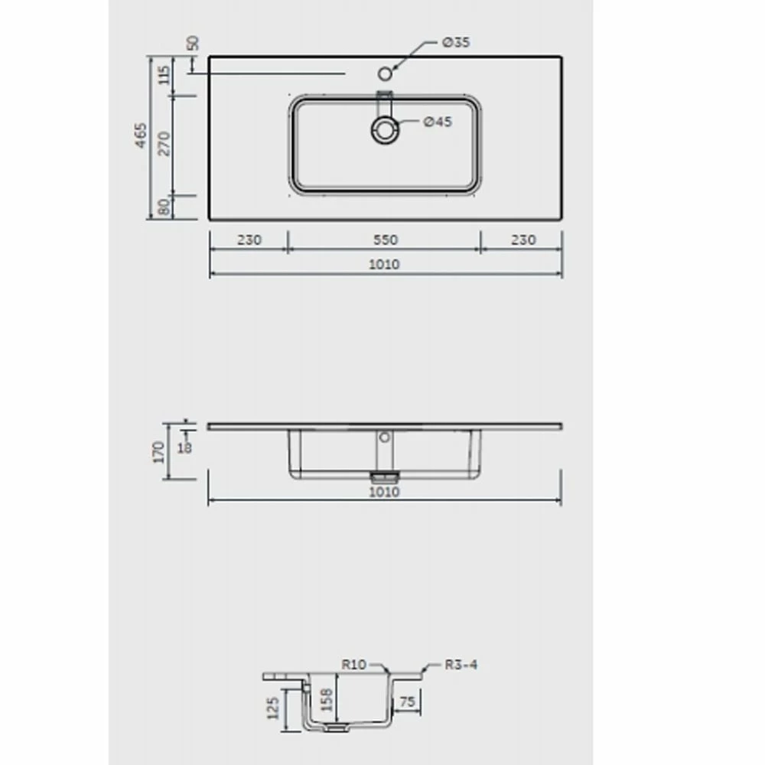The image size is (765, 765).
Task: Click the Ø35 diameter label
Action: pos(456,43)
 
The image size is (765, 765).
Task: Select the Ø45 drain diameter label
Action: pos(438,122)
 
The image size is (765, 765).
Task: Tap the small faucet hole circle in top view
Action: pos(386,73)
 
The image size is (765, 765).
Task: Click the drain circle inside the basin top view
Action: pos(386,129)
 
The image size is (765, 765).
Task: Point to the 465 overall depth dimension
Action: pos(141,136)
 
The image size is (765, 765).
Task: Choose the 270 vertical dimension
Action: pos(164,143)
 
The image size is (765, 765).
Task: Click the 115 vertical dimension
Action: pos(164,76)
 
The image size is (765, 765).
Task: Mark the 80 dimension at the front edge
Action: pos(164,207)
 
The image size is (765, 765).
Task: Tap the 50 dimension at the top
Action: pos(194,43)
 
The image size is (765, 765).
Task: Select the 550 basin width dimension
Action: pos(385,240)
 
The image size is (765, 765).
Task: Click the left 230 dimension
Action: pos(249,240)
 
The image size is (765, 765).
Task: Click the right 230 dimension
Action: pos(522,240)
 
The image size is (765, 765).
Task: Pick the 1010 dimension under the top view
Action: pos(385,265)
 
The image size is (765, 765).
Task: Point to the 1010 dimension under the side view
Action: pos(384,492)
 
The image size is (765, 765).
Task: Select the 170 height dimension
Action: pos(159,451)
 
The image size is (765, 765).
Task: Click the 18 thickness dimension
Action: pos(184,447)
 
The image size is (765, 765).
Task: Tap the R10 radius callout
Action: pos(354,665)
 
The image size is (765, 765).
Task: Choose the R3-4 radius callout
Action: pos(461,665)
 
